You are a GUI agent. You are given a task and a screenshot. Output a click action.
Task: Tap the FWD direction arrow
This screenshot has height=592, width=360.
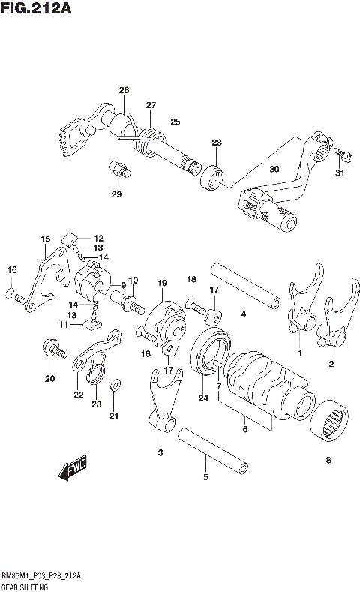click(73, 470)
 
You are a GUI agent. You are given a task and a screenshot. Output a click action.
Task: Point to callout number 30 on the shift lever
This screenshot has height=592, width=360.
click(274, 170)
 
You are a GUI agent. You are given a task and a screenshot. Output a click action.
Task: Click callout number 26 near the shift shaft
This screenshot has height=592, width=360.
click(124, 91)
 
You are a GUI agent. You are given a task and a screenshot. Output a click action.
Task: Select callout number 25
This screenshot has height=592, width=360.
click(175, 122)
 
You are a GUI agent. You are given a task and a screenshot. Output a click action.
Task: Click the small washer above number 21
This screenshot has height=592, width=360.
click(114, 386)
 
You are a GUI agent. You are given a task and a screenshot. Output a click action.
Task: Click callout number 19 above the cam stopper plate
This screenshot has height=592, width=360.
click(160, 283)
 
